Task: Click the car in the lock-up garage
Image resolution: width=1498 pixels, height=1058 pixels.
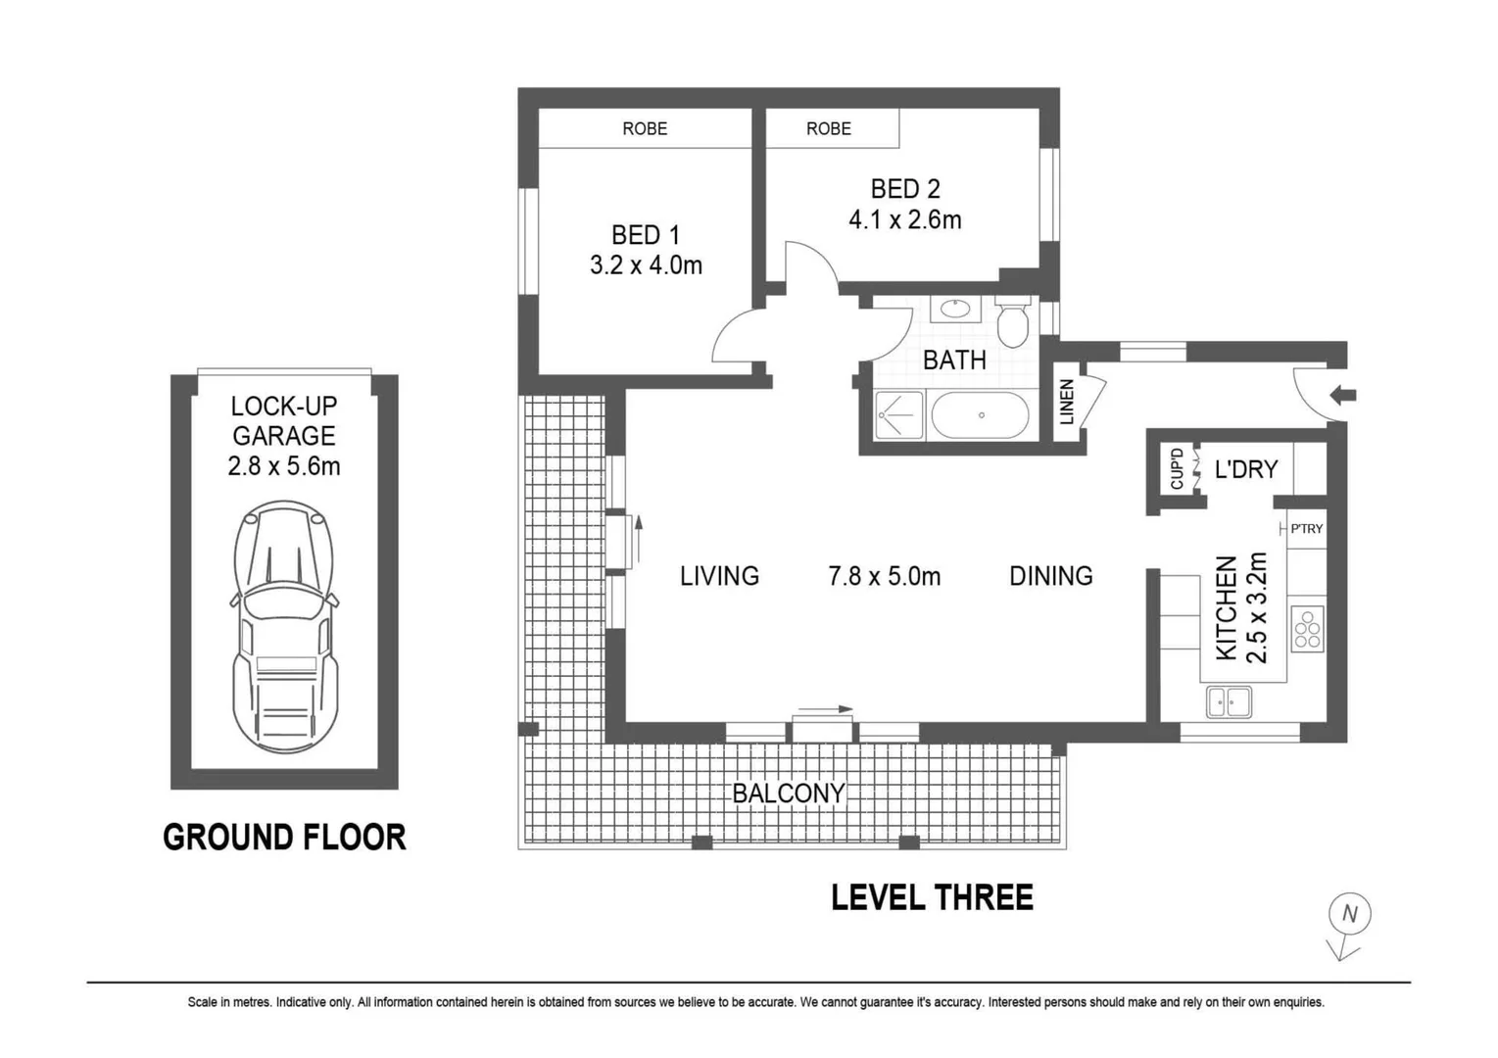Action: (284, 627)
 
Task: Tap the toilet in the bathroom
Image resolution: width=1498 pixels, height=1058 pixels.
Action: (1012, 322)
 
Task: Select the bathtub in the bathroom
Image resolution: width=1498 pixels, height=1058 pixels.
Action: (981, 415)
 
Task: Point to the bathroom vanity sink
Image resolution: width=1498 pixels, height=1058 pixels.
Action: (955, 309)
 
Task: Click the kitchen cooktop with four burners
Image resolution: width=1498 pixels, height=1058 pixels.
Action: (1307, 629)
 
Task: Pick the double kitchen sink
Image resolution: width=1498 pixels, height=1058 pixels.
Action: (1229, 702)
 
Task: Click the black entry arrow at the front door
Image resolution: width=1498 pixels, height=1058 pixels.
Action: (1343, 395)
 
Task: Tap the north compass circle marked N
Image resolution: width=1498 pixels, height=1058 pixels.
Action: (1349, 914)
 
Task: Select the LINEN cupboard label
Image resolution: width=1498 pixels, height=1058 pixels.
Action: (1067, 402)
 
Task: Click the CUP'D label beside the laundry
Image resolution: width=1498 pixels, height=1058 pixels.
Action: (1177, 469)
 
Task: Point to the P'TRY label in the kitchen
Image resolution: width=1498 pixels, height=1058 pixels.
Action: (1306, 529)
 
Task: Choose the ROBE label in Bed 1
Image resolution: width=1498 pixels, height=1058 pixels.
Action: (645, 128)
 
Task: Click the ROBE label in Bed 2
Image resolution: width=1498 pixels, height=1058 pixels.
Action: (829, 128)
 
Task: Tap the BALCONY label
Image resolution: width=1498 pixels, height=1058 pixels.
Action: (789, 793)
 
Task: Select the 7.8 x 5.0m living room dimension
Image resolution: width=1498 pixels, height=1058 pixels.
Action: (884, 576)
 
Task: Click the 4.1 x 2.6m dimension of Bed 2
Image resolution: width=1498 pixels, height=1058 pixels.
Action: (905, 219)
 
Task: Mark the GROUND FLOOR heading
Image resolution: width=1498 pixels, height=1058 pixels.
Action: (284, 838)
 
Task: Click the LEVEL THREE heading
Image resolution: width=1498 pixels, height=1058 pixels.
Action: (933, 897)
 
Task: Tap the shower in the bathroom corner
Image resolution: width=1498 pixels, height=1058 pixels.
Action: (899, 415)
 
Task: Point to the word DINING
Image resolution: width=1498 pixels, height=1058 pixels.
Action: (1051, 576)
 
